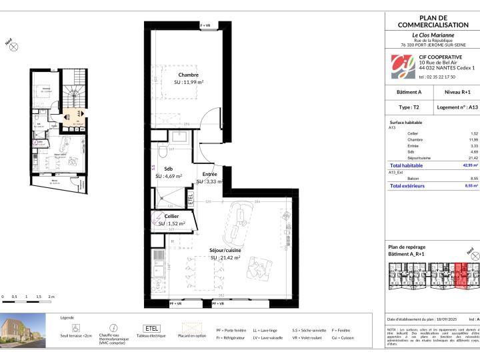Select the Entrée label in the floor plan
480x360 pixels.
coord(209,174)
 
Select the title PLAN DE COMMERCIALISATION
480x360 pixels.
coord(433,21)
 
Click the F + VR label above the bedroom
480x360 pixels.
coord(206,25)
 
